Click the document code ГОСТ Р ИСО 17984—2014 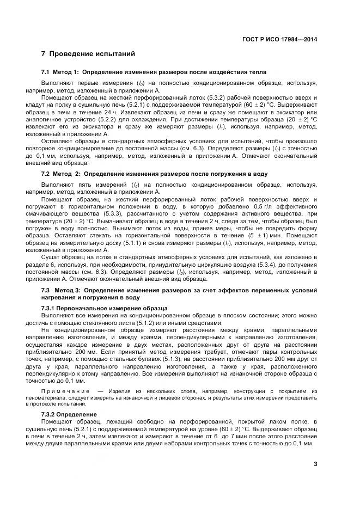[x=279, y=39]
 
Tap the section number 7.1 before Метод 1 [x=46, y=72]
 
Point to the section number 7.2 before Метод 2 [x=46, y=174]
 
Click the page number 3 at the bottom [x=315, y=464]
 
